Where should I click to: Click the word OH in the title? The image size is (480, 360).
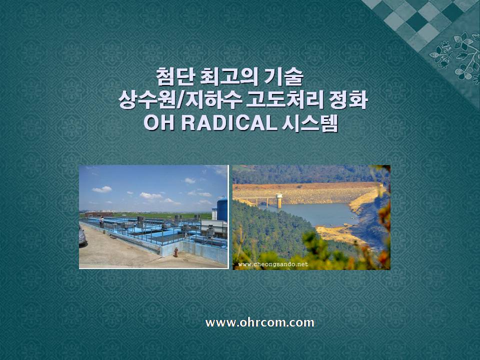tap(159, 123)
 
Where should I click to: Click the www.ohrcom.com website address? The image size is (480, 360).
tap(259, 322)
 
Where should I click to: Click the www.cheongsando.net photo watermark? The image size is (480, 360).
tap(273, 264)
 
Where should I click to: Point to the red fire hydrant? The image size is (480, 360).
tap(175, 252)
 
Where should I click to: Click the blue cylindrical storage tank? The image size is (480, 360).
tap(222, 209)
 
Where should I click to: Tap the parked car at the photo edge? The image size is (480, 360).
tap(82, 235)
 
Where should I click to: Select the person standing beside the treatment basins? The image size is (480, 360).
tap(101, 221)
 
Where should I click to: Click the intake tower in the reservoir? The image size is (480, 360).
tap(279, 200)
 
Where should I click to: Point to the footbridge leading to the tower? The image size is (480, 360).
tap(256, 200)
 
